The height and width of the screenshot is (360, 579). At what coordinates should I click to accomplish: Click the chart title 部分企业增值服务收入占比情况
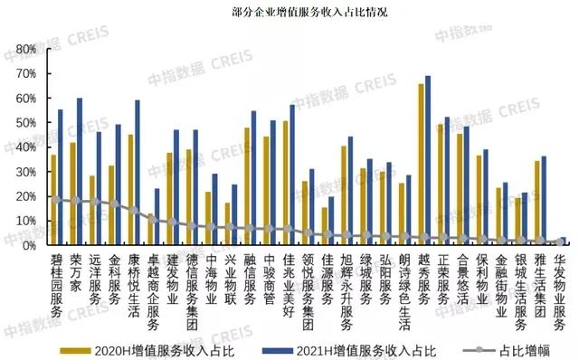click(x=289, y=14)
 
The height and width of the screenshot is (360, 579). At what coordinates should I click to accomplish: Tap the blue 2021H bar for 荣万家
click(x=80, y=171)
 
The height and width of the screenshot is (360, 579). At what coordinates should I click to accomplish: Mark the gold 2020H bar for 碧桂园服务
click(x=53, y=199)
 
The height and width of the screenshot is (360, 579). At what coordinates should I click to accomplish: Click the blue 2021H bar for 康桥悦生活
click(x=138, y=172)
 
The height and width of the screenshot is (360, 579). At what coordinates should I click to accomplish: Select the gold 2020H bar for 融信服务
click(x=246, y=185)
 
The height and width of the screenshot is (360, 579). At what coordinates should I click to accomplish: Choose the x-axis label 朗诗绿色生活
click(x=404, y=289)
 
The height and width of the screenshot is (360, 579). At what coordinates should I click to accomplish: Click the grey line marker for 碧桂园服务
click(x=57, y=199)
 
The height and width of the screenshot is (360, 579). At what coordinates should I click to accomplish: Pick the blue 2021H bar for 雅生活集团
click(x=544, y=200)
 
